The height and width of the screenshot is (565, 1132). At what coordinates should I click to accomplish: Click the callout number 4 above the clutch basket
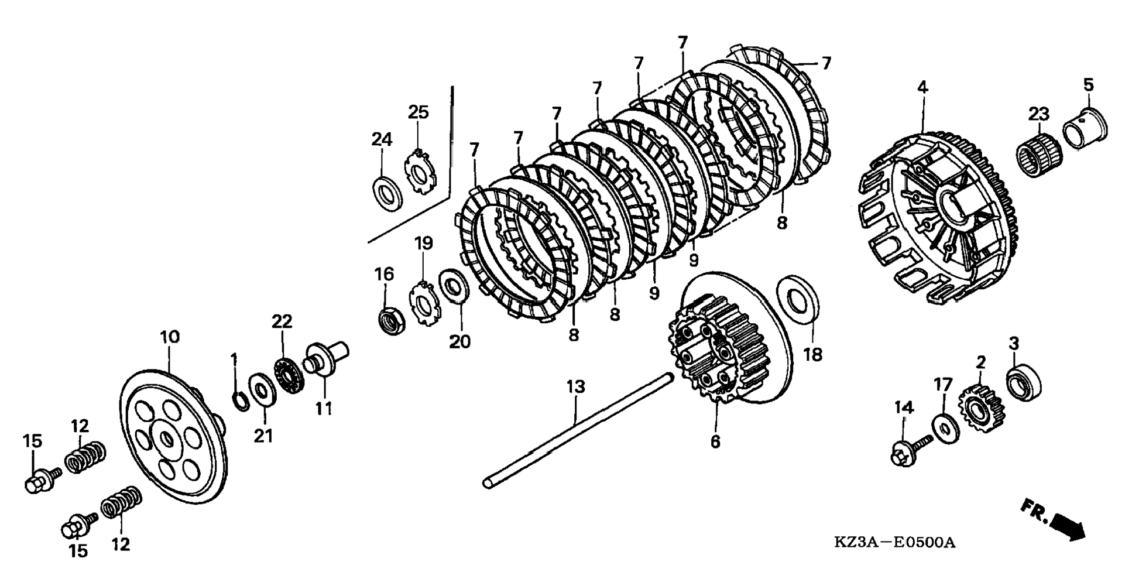tap(922, 88)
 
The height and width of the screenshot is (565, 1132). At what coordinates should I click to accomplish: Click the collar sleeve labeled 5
tap(1084, 130)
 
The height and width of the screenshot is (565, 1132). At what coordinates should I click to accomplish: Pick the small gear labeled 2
tap(980, 408)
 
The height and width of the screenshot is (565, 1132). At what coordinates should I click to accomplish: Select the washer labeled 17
tap(945, 429)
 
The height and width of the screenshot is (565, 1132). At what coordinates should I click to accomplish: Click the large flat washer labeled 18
tap(797, 299)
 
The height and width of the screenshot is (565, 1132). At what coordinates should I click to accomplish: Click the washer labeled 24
tap(386, 193)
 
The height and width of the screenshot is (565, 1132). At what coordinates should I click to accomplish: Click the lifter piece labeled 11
tap(324, 358)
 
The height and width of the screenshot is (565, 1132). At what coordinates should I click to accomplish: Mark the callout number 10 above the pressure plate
tap(170, 337)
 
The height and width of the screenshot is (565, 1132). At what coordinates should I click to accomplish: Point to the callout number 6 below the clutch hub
tap(715, 441)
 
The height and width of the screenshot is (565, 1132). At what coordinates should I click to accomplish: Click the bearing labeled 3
tap(1023, 382)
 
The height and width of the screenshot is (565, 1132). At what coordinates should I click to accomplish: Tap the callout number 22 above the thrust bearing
tap(282, 321)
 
